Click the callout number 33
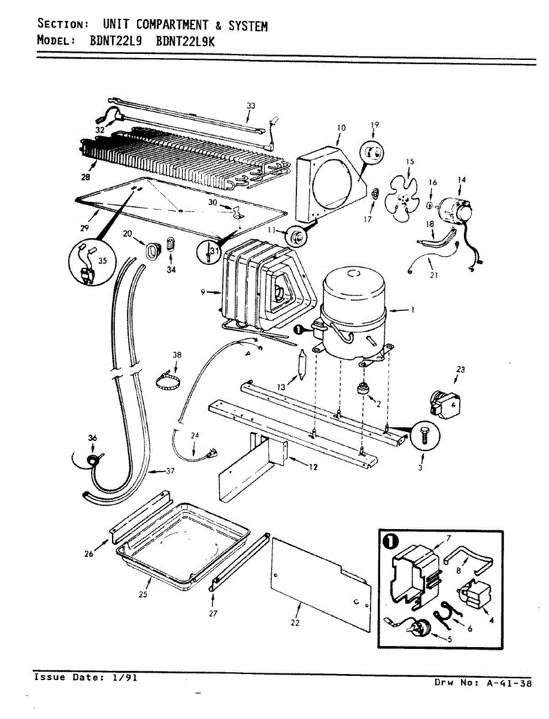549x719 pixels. point(251,106)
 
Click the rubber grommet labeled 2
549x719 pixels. point(363,389)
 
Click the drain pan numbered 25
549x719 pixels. point(180,548)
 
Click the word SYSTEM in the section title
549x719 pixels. point(245,26)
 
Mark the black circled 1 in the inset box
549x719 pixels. point(390,542)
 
